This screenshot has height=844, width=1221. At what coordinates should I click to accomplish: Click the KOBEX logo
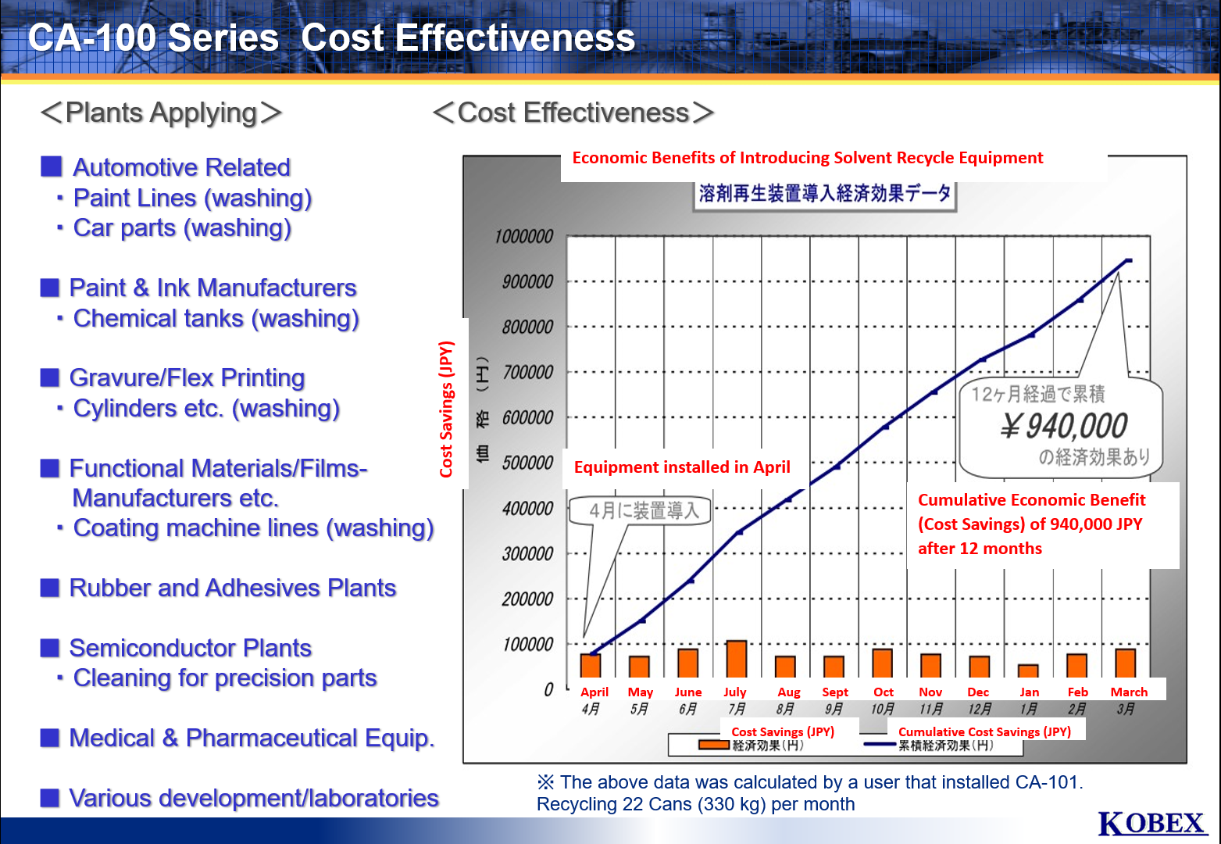point(1151,824)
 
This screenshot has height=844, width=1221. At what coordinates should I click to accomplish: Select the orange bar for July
point(736,659)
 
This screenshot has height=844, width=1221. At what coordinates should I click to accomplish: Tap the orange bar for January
point(1028,671)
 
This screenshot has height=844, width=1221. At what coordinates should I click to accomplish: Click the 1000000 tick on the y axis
point(523,237)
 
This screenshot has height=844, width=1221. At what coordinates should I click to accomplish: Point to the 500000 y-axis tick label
point(527,463)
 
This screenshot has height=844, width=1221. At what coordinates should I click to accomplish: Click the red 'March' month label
point(1129,692)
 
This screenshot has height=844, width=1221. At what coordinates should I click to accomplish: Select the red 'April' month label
point(594,692)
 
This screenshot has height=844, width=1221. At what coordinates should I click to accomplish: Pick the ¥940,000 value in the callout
point(1063,427)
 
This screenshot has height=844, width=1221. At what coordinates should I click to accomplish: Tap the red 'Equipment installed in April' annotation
point(682,467)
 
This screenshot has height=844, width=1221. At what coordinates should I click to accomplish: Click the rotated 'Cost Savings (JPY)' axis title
point(446,409)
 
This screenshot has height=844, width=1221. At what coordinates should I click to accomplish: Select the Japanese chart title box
point(824,194)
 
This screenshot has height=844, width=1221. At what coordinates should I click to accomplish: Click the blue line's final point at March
point(1127,260)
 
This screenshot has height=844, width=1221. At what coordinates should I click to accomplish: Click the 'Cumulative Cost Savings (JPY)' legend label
point(984,732)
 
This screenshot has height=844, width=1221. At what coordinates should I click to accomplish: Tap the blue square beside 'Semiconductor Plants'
point(50,648)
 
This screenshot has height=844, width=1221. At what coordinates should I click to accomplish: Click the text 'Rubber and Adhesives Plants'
point(232,588)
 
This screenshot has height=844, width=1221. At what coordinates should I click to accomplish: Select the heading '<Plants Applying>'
point(161,113)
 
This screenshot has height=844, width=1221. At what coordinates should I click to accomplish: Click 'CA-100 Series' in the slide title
point(153,38)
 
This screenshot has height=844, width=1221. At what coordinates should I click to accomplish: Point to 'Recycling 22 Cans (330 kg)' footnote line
point(695,804)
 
